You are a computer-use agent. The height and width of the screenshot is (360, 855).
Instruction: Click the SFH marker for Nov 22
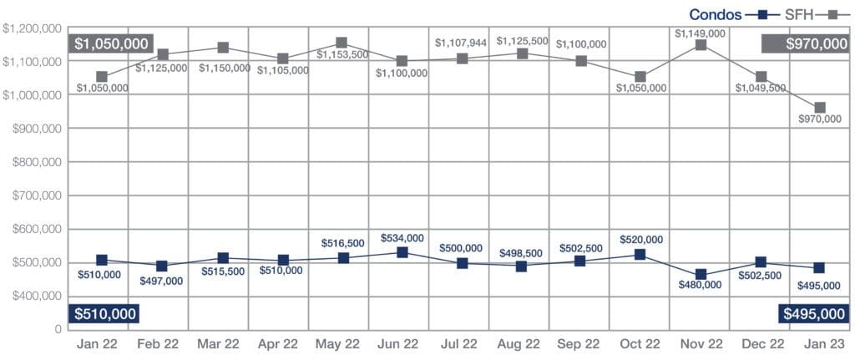701,45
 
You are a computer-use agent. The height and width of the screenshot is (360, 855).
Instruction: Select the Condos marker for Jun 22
402,252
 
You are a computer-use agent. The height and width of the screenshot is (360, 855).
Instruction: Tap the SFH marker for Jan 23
820,108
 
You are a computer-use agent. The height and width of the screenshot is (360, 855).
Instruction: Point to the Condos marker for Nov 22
701,274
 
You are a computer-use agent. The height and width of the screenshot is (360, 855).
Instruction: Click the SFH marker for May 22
341,43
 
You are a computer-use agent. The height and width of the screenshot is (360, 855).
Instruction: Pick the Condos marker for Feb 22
162,266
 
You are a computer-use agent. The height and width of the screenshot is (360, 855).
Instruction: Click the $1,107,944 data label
462,42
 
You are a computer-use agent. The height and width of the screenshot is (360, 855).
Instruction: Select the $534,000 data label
402,237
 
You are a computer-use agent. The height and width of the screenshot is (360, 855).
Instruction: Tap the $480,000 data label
701,285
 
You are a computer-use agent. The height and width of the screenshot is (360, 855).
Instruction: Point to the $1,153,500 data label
341,56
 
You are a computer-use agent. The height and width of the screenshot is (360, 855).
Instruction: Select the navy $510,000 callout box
103,314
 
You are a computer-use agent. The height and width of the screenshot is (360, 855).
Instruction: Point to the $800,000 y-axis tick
33,162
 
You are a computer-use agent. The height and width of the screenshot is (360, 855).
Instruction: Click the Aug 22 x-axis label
521,344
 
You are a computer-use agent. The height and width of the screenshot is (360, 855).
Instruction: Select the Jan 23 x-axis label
820,344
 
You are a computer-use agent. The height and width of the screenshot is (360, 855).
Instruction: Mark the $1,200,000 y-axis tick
32,28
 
